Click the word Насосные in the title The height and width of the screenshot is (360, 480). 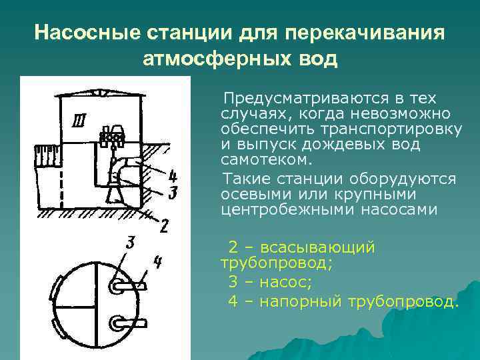pyautogui.click(x=79, y=33)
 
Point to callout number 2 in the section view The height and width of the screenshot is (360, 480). pyautogui.click(x=164, y=225)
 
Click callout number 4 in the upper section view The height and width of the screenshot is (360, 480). pyautogui.click(x=172, y=177)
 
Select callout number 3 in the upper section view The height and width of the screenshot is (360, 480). pyautogui.click(x=172, y=193)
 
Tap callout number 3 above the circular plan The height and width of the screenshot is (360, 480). pyautogui.click(x=131, y=242)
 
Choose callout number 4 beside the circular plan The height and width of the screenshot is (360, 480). pyautogui.click(x=157, y=262)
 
